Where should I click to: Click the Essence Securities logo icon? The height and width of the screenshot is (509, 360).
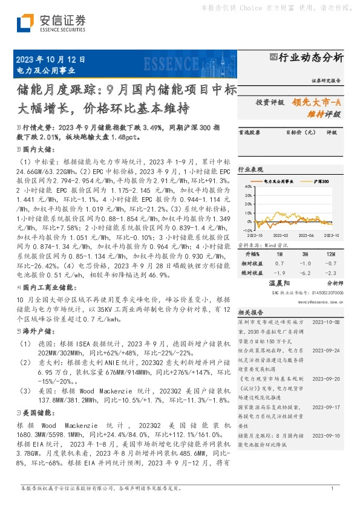coord(25,24)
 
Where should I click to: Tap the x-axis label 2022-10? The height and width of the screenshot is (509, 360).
coord(254,235)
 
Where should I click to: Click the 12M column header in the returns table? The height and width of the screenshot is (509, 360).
coord(330,254)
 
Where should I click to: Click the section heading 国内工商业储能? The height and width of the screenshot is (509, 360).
coord(47,287)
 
